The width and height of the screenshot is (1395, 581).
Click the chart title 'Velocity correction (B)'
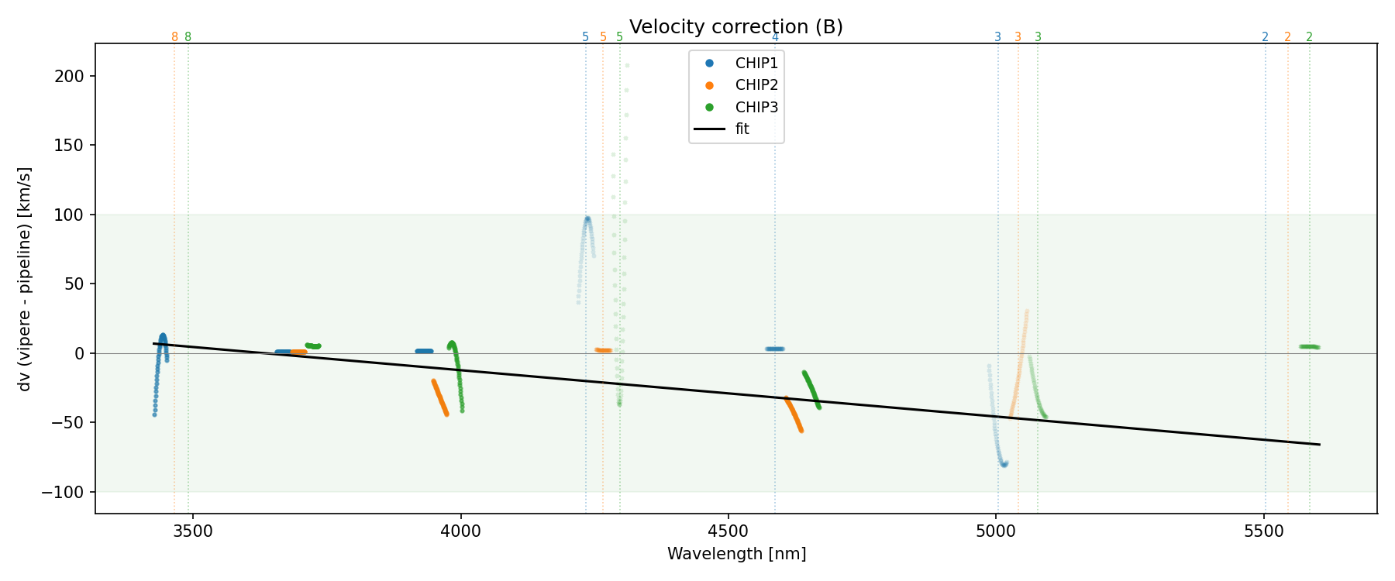(x=735, y=27)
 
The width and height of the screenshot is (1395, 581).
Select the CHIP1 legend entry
(x=756, y=64)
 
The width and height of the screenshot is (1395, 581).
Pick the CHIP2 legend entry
(x=756, y=85)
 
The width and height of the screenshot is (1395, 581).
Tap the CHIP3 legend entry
(x=756, y=108)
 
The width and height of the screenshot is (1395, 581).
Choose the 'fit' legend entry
(x=742, y=129)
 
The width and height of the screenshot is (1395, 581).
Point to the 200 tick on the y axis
(x=70, y=76)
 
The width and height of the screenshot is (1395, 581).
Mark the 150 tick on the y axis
(x=70, y=146)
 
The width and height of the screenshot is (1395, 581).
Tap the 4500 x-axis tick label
(x=728, y=531)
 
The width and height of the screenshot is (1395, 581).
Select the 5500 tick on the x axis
(x=1264, y=531)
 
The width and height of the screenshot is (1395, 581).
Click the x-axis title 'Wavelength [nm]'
(x=736, y=554)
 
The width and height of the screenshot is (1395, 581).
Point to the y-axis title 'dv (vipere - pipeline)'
(x=25, y=279)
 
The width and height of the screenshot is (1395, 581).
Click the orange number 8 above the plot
(x=174, y=37)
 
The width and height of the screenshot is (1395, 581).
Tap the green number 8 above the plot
(x=188, y=37)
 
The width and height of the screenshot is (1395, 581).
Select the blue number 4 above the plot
(x=775, y=37)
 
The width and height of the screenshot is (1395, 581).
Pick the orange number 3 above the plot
(x=1018, y=37)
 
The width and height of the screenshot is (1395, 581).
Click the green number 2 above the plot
(x=1309, y=37)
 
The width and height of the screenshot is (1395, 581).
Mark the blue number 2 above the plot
(x=1265, y=37)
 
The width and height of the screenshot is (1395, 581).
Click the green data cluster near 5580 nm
(x=1309, y=346)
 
